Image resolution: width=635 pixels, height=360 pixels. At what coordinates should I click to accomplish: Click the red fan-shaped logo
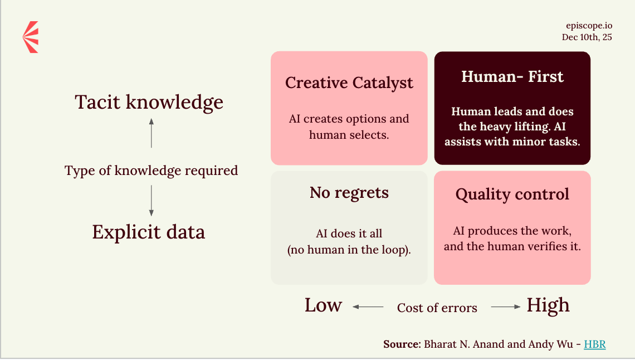[31, 37]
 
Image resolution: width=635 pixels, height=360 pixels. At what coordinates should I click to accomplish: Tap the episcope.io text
[589, 26]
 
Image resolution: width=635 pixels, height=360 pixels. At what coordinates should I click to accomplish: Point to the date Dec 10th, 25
[587, 37]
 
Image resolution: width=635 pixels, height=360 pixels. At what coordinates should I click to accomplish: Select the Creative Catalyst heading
[349, 83]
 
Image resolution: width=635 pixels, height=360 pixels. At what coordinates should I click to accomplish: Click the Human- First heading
[512, 76]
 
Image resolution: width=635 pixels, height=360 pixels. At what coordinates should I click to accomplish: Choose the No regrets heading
[349, 193]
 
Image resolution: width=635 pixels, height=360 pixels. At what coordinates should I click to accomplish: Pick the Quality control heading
[512, 194]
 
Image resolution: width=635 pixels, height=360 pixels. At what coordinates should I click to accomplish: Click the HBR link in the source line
[594, 344]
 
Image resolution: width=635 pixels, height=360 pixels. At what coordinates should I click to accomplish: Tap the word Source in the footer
[402, 344]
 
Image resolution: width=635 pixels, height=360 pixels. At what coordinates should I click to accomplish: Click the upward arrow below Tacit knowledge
[152, 133]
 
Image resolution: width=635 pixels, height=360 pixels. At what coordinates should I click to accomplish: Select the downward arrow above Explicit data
[152, 201]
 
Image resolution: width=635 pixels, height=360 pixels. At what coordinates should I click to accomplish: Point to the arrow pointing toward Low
[368, 307]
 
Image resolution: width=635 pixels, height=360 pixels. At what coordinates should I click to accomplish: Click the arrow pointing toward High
[506, 307]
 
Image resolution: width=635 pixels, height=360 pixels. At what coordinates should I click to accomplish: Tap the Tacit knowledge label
[149, 102]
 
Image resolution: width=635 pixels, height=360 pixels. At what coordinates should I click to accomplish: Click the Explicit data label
[149, 232]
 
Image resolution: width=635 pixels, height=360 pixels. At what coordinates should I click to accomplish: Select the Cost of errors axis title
[437, 308]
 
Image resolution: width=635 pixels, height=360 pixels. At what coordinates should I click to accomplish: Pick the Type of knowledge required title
[151, 171]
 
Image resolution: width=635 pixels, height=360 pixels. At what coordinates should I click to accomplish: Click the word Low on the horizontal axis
[323, 305]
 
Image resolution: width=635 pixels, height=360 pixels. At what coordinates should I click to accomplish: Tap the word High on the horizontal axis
[548, 306]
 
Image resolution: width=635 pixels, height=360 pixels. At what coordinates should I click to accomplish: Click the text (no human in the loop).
[349, 250]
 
